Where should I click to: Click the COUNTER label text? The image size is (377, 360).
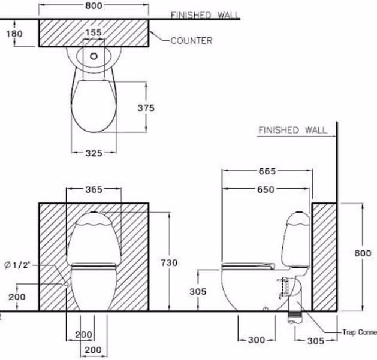tap(191, 41)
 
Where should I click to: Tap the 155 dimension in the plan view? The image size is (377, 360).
tap(94, 32)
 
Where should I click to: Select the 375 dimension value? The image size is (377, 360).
tap(146, 108)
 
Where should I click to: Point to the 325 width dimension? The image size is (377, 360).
tap(94, 153)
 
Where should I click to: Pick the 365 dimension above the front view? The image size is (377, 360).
tap(94, 189)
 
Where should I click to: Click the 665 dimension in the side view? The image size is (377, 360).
tap(267, 171)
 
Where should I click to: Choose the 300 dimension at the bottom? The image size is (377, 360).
tap(257, 340)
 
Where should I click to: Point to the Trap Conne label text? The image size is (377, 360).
tap(359, 332)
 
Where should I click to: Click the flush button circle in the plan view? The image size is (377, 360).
tap(94, 57)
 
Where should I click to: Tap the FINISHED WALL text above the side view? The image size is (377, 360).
tap(292, 130)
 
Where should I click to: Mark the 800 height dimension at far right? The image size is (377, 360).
tap(362, 253)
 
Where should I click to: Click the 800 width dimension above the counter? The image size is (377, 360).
tap(94, 5)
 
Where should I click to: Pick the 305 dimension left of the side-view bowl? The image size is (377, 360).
tap(198, 291)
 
